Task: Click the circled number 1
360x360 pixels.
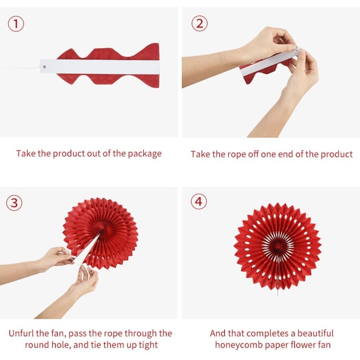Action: click(16, 24)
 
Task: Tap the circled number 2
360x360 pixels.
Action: click(199, 23)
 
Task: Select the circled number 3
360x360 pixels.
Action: click(14, 203)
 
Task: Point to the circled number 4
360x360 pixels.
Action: click(199, 202)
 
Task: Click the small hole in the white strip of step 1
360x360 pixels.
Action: click(44, 67)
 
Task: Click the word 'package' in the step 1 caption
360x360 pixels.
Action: click(144, 153)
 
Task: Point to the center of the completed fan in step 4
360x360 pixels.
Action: click(278, 246)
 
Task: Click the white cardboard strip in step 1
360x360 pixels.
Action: click(99, 67)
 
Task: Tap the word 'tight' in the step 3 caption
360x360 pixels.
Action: click(147, 345)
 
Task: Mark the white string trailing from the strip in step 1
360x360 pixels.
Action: click(19, 67)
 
